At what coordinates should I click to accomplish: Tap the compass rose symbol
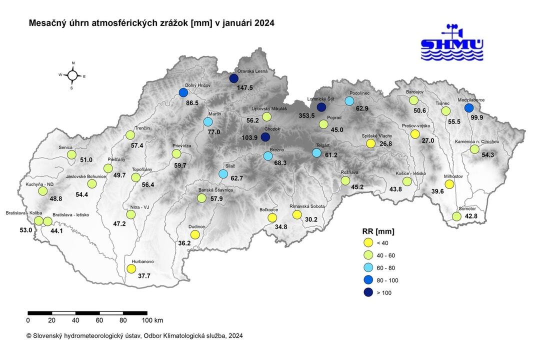coord(72,75)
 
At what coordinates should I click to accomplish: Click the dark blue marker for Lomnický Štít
coord(321,107)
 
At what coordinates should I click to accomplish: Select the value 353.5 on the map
coord(306,116)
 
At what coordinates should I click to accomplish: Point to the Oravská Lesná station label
coord(252,71)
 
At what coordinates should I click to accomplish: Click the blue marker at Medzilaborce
coord(468,107)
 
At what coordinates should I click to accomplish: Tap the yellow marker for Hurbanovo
coord(131,268)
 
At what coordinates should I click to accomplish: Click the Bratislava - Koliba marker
coord(38,221)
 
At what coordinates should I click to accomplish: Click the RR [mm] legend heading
coord(378,231)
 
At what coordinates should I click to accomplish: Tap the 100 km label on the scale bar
coord(152,320)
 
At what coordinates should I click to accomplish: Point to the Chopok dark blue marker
coord(265,137)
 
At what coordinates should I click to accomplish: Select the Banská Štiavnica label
coord(215,190)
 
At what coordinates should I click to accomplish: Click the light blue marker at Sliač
coord(223,174)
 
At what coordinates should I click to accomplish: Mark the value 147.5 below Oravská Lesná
coord(245,87)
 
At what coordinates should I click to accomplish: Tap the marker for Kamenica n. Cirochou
coord(474,149)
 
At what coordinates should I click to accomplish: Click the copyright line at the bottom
coord(135,336)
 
